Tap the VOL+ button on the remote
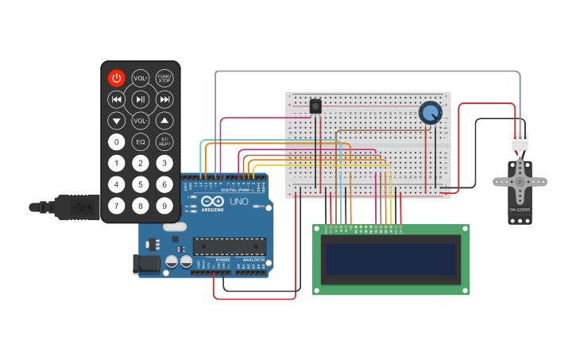(x=141, y=78)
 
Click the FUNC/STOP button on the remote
(x=164, y=78)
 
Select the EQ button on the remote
(x=141, y=142)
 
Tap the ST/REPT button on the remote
(x=164, y=142)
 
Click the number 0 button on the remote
(x=117, y=142)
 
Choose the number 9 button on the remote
(x=164, y=206)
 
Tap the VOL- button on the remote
(x=141, y=121)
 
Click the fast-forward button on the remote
(x=164, y=99)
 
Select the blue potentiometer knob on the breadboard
(x=430, y=113)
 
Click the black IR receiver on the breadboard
(x=315, y=106)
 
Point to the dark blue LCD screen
(x=391, y=259)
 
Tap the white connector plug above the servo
(x=520, y=141)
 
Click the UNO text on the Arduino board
(x=239, y=202)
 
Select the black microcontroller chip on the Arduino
(x=229, y=247)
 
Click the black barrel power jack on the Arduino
(x=149, y=262)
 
